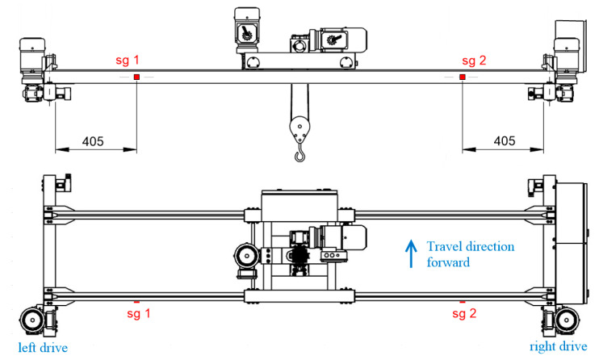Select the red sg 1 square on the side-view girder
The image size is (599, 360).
click(x=136, y=77)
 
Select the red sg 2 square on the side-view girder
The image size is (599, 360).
click(x=462, y=77)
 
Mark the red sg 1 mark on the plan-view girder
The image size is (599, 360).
click(x=136, y=302)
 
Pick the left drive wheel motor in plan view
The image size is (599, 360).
click(x=34, y=323)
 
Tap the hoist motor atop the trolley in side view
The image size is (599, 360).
click(x=246, y=30)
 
